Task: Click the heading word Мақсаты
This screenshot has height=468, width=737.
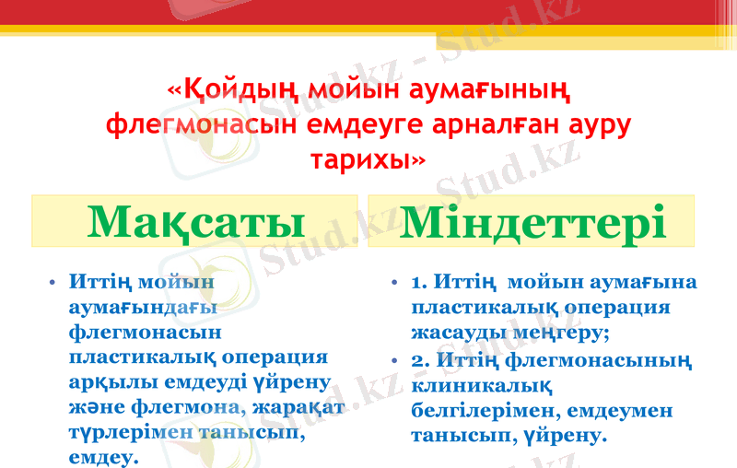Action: tap(196, 223)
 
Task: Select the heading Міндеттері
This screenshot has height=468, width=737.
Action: tap(532, 223)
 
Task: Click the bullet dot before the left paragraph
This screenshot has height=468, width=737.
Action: tap(54, 282)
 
